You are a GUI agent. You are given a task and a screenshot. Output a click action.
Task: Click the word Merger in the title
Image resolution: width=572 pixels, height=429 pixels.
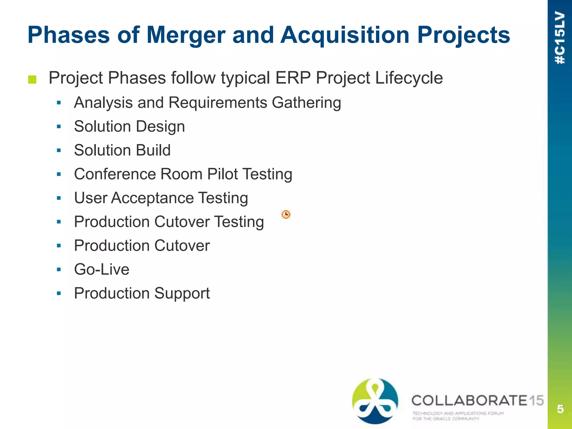click(186, 35)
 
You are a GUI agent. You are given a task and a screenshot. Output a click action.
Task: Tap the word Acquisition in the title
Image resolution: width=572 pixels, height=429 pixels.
click(345, 35)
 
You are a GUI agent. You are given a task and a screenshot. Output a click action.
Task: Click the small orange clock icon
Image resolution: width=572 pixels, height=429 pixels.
click(286, 214)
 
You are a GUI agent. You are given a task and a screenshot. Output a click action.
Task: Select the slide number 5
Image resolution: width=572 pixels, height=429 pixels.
click(560, 409)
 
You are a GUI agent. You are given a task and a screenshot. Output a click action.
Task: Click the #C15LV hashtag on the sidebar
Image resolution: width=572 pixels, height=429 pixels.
click(560, 38)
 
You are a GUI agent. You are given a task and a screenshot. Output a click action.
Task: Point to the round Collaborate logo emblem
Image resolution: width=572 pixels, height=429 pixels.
click(375, 401)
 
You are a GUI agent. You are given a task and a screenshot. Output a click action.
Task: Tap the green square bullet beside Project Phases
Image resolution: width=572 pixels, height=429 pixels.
click(32, 80)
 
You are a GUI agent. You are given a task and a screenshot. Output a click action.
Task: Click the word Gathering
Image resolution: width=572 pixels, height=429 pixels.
click(306, 103)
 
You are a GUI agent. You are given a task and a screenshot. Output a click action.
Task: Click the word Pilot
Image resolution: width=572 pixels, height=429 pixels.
click(222, 174)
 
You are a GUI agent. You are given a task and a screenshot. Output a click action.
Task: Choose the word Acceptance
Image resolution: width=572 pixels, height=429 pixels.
click(152, 198)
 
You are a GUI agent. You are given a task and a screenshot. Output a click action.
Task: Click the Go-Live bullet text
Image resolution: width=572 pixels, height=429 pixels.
click(102, 270)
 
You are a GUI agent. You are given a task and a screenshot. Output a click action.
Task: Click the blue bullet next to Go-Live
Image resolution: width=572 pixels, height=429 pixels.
click(59, 270)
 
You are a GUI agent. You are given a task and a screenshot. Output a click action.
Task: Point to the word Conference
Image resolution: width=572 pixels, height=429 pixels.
click(115, 174)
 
